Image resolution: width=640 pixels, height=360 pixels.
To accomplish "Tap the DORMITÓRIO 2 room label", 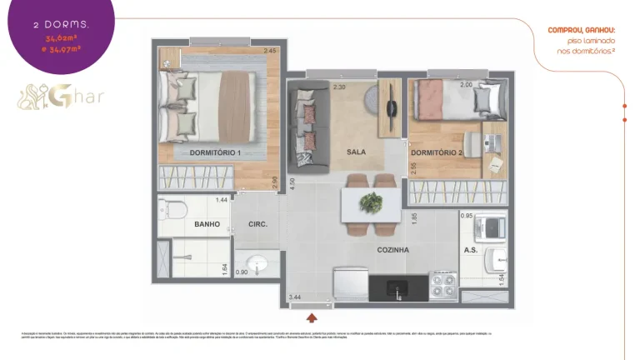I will pos(436,152).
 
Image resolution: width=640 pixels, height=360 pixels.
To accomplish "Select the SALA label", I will pos(357,152).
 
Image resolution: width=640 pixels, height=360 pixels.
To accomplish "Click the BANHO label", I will pos(207,224).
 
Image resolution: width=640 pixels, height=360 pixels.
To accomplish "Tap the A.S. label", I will pos(470,249).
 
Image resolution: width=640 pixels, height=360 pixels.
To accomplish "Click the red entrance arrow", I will pos(312,317).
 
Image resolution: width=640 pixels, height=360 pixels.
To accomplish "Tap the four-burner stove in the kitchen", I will pos(442,286).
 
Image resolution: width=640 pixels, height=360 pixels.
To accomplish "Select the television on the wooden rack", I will pos(393,107).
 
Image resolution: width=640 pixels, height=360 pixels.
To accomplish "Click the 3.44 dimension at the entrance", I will pos(294,297).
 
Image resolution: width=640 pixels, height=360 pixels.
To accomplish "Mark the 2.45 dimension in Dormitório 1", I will pos(269,52).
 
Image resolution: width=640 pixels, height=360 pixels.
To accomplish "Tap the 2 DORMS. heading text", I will pos(62,26).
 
